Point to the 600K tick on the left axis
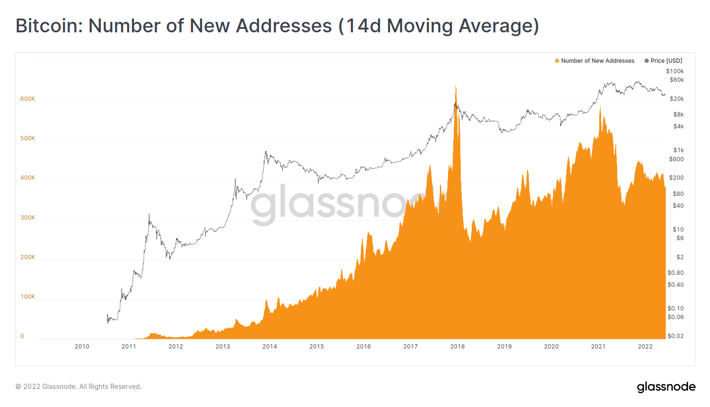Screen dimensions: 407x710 [x=28, y=99]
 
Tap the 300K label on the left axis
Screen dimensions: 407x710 [x=28, y=218]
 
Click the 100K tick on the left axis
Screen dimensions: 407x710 [x=28, y=297]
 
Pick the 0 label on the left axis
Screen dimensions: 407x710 [x=22, y=336]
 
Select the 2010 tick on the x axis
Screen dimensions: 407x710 [x=82, y=347]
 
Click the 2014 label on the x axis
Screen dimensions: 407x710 [x=270, y=347]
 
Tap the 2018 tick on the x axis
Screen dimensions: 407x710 [x=457, y=347]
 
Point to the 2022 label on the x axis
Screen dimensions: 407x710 [x=645, y=347]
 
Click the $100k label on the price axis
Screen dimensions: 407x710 [x=675, y=71]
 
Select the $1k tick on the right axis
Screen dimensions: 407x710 [x=678, y=150]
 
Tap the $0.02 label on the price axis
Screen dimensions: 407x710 [x=675, y=336]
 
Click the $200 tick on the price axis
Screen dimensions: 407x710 [x=676, y=178]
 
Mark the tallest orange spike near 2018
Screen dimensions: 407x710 [x=456, y=87]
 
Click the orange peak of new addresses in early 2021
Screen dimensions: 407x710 [x=600, y=107]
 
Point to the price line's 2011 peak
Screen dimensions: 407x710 [x=149, y=214]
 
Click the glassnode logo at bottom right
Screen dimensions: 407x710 [x=666, y=387]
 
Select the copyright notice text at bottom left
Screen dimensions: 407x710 [x=78, y=387]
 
